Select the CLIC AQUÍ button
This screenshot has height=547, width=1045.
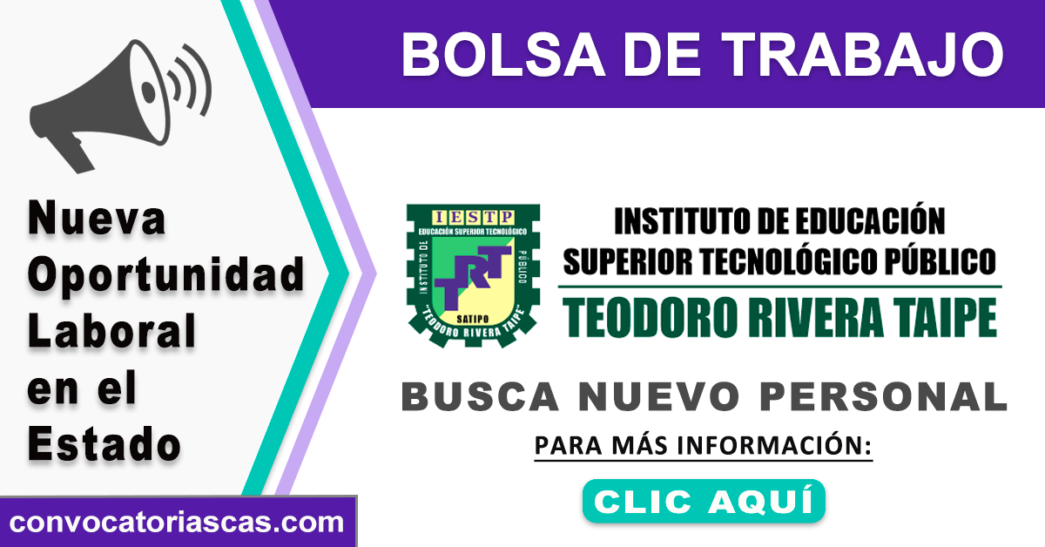point(704,501)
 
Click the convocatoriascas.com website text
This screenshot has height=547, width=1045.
point(176,523)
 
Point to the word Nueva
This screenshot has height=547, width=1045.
point(97,218)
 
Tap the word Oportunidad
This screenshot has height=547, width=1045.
point(166,276)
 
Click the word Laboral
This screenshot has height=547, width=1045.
point(111,330)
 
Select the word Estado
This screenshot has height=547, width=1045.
point(104,443)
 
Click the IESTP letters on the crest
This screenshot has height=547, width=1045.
point(473,217)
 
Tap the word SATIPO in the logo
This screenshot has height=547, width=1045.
point(473,320)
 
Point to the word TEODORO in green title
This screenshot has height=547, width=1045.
point(650,318)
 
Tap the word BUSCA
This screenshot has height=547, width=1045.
point(480,396)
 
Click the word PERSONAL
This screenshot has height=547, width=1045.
point(883,396)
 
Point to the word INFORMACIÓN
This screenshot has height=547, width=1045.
point(774,445)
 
